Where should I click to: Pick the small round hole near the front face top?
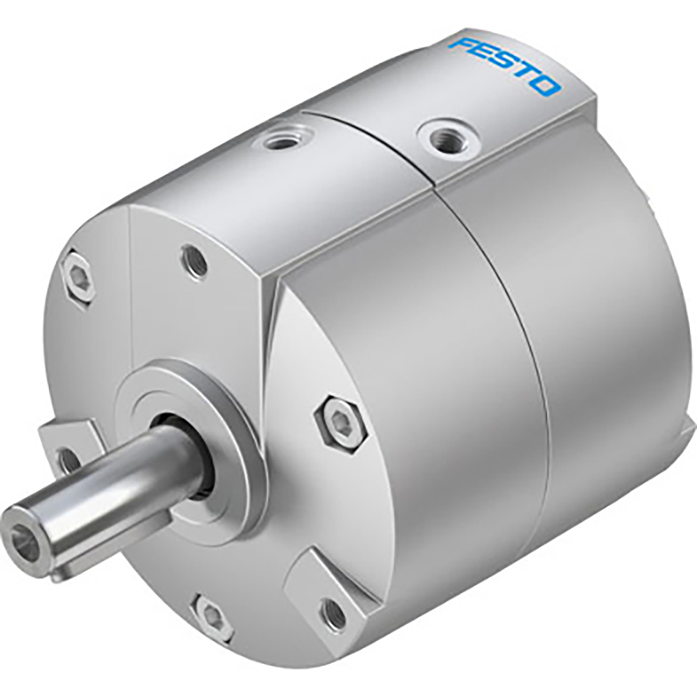[194, 262]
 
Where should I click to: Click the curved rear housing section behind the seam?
[611, 318]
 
